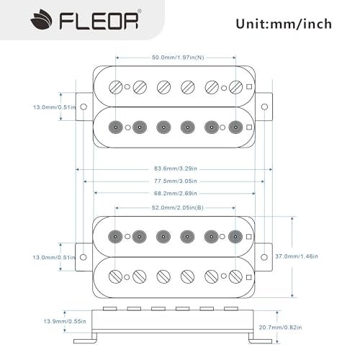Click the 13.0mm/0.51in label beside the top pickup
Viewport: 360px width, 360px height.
point(29,107)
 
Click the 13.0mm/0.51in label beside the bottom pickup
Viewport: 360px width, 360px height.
point(29,256)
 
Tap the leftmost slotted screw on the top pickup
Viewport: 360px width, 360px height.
point(115,87)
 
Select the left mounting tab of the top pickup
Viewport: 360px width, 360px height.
point(83,107)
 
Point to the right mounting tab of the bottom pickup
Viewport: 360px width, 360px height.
point(264,256)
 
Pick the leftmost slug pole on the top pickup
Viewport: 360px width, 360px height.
point(115,127)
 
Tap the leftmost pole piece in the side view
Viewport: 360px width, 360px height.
point(111,308)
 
